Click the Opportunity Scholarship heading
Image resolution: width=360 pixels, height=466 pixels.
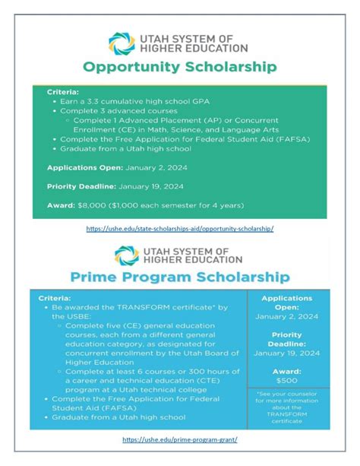[180, 67]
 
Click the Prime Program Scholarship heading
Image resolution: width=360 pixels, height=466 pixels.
[180, 274]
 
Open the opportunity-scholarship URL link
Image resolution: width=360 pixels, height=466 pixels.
[180, 228]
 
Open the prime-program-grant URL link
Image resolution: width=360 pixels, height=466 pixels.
[180, 439]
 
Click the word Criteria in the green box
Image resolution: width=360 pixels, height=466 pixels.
[63, 91]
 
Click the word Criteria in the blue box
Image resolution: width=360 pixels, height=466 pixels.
[55, 299]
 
